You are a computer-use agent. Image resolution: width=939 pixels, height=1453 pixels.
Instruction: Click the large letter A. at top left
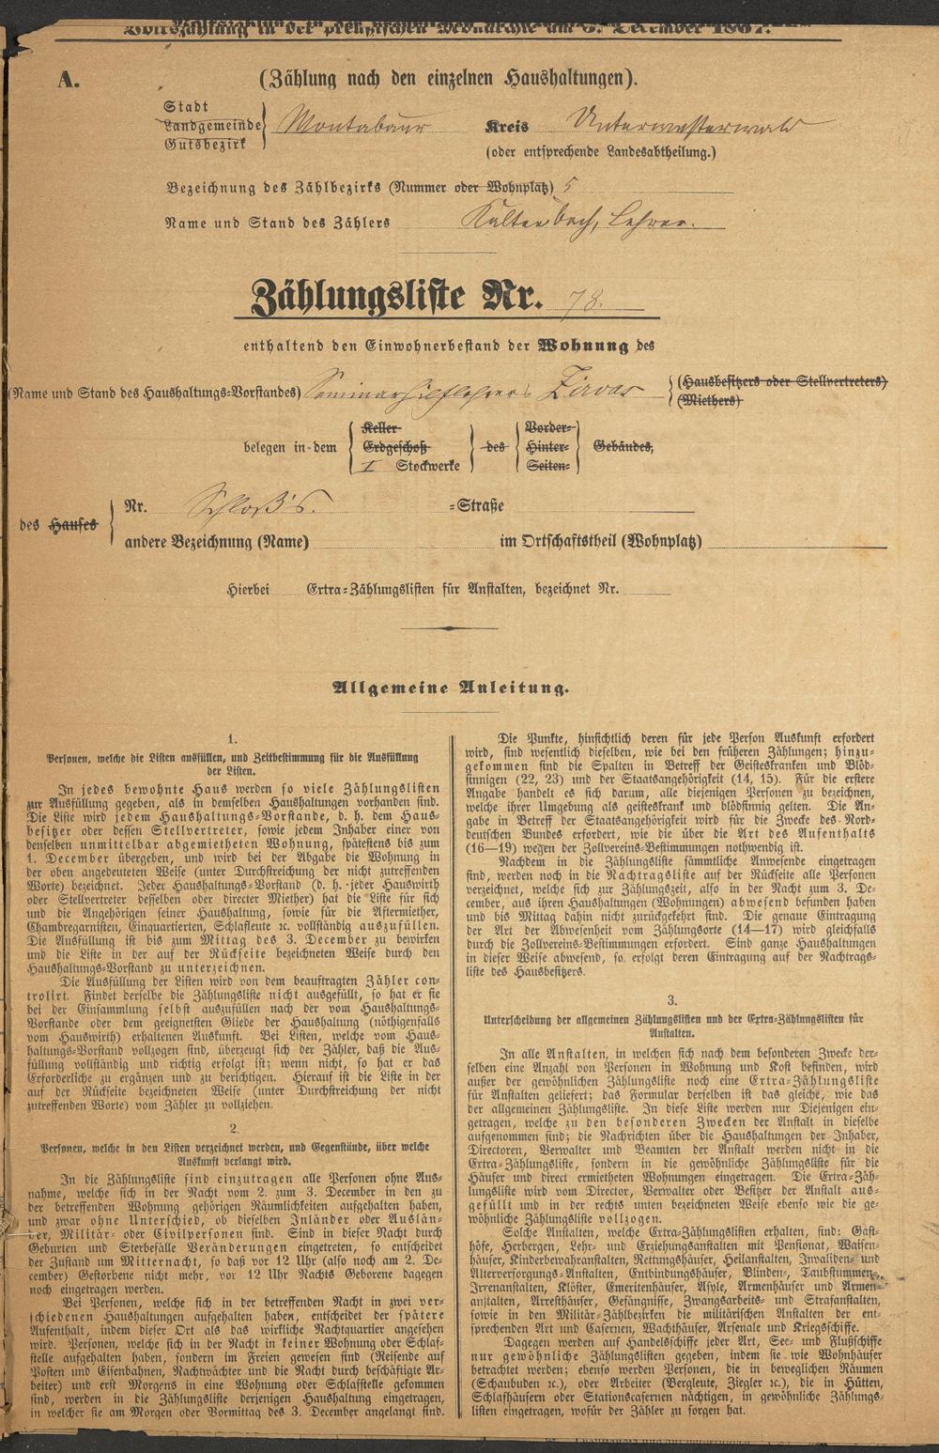point(68,81)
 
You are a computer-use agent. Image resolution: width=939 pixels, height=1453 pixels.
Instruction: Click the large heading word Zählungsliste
point(358,299)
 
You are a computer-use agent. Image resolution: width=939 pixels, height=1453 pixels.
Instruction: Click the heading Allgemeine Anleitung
point(451,688)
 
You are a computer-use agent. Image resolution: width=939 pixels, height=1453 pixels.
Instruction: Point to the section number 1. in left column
point(233,740)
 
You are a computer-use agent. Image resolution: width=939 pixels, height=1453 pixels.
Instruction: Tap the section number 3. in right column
point(671,1001)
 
